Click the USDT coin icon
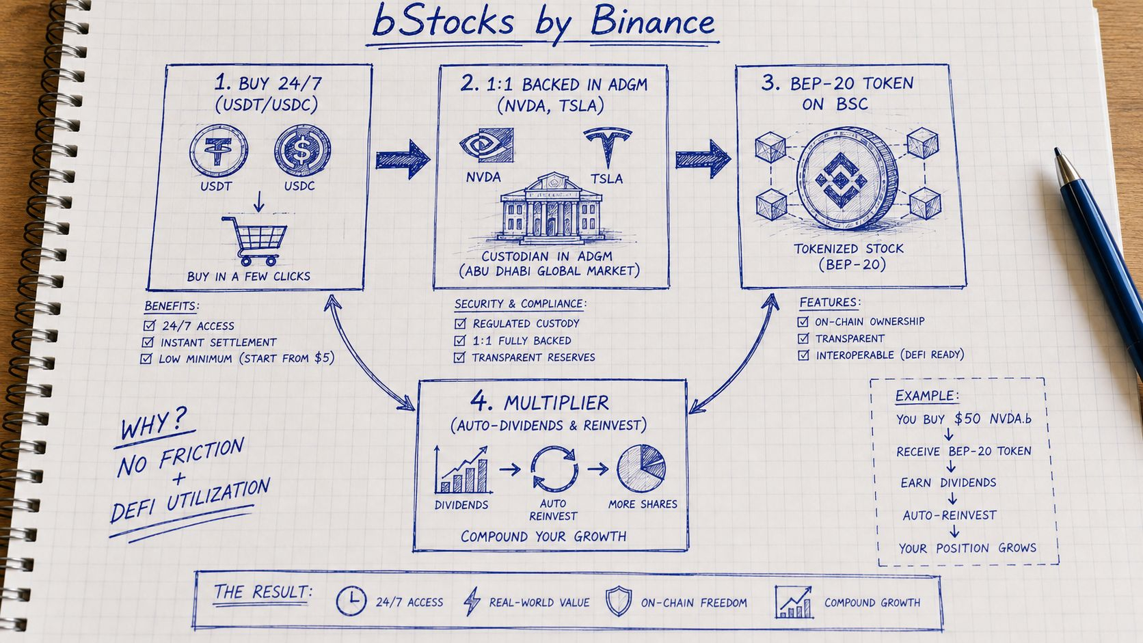coord(219,150)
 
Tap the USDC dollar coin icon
coord(302,150)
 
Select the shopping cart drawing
coord(254,241)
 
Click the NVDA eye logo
coord(486,145)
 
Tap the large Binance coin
coord(847,178)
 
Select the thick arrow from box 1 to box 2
coord(403,160)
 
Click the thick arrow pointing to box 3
coord(703,159)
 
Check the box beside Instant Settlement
coord(148,342)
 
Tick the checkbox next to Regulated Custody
coord(460,323)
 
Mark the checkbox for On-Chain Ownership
coord(803,321)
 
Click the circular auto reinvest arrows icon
coord(554,469)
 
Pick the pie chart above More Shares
coord(641,468)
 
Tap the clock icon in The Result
coord(351,601)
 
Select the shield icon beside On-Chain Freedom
coord(619,601)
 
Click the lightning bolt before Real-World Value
coord(472,601)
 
